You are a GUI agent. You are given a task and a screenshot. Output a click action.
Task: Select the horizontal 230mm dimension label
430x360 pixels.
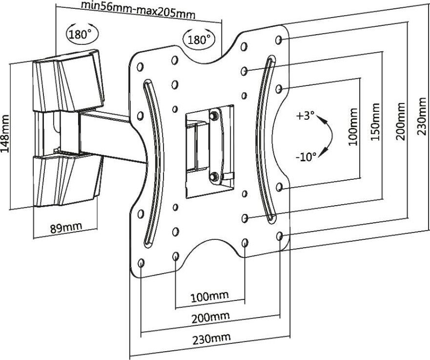pos(211,338)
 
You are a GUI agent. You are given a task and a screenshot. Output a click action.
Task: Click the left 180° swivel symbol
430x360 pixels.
pos(81,34)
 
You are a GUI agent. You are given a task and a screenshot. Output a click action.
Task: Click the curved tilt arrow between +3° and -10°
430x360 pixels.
pos(328,136)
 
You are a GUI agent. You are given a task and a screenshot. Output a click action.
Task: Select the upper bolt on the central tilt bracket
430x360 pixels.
pos(213,116)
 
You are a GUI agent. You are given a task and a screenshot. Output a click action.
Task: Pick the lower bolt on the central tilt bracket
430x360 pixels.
pos(213,176)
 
